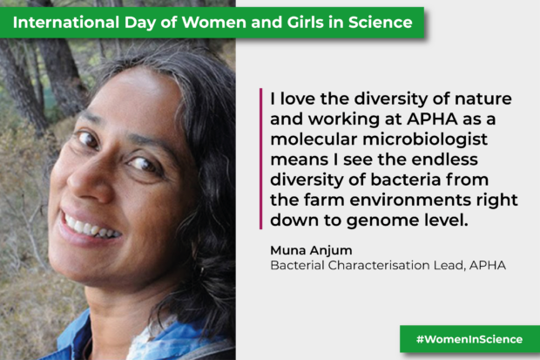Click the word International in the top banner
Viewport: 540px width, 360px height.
coord(66,23)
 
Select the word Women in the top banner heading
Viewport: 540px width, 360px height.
coord(214,23)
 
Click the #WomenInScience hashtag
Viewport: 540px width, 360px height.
coord(469,339)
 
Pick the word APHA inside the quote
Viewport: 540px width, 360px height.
coord(432,119)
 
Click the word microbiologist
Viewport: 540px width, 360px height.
coord(425,139)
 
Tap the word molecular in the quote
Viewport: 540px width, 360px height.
coord(314,139)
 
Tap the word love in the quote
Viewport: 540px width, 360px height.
coord(298,99)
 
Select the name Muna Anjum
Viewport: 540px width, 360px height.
coord(311,250)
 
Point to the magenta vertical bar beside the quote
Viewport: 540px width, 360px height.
coord(260,159)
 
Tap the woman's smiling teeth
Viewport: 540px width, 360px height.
coord(91,228)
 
